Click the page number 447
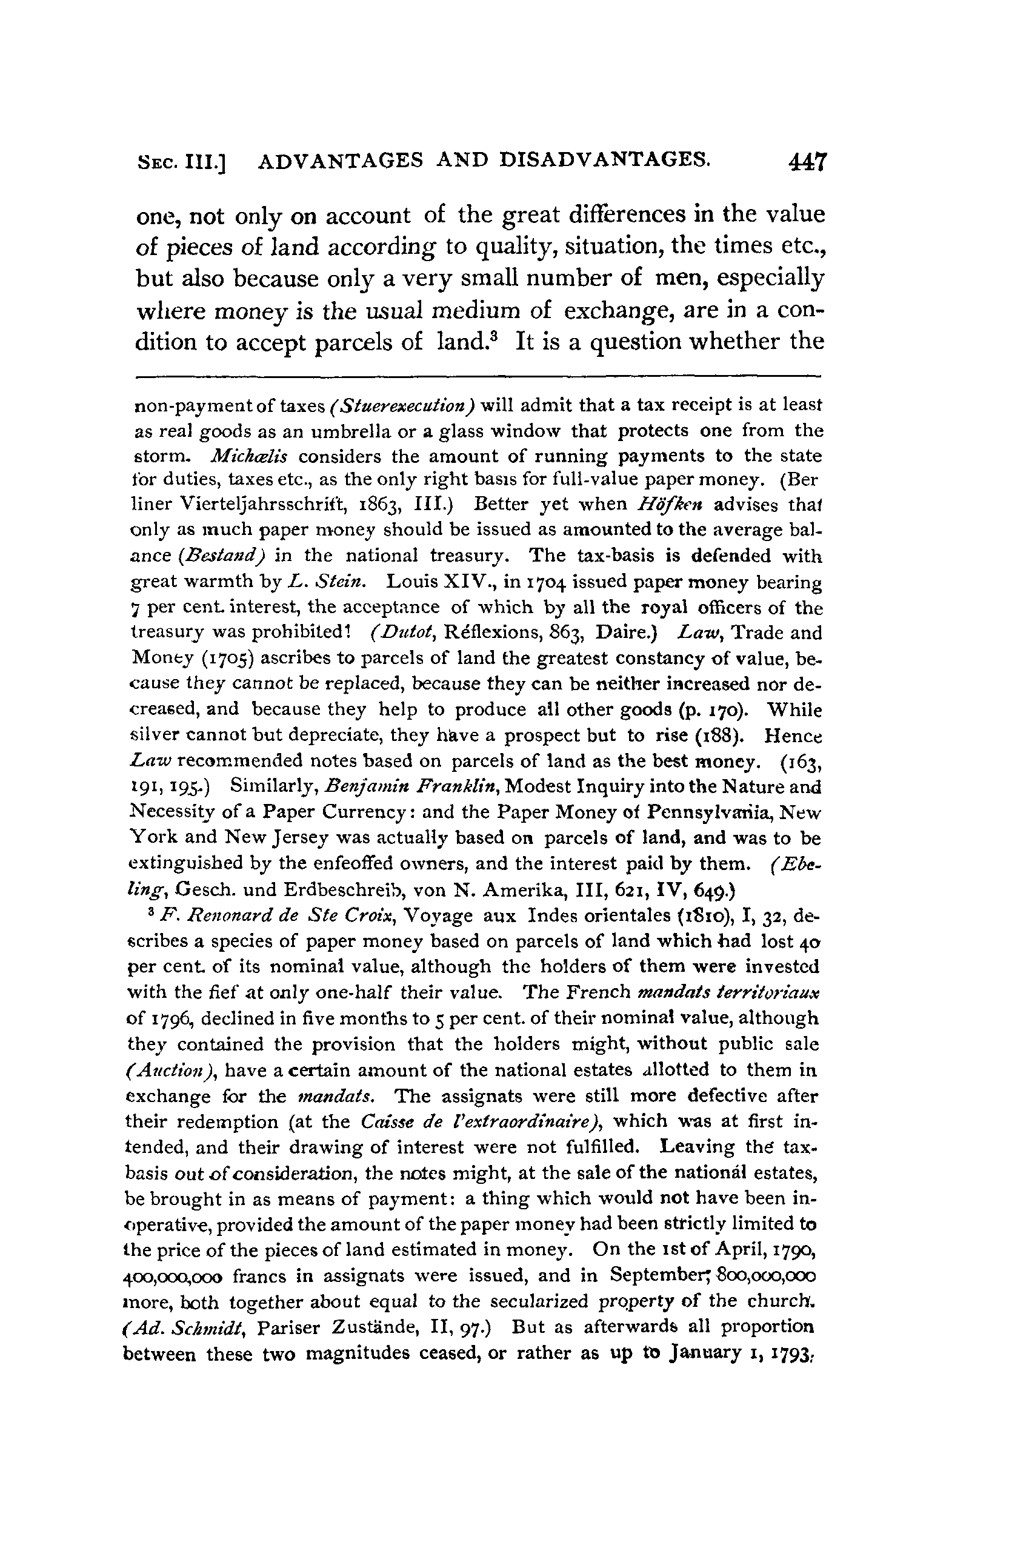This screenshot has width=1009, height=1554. coord(807,161)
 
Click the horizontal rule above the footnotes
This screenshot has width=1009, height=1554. coord(477,376)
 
